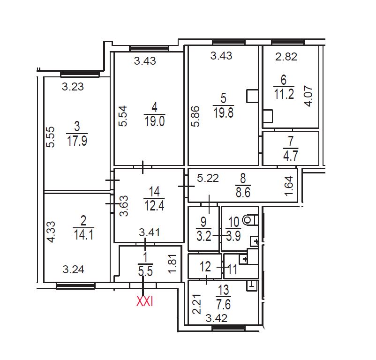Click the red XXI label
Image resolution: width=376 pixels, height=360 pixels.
[x=144, y=301]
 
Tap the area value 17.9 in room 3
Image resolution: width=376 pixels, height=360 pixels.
[x=77, y=141]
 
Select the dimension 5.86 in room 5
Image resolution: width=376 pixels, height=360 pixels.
[x=195, y=116]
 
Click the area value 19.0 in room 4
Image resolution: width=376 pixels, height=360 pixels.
[x=155, y=121]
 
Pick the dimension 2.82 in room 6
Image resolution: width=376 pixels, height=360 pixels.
[x=286, y=57]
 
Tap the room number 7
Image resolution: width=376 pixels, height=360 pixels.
[x=291, y=141]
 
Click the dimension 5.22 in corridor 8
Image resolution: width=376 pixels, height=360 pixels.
[x=208, y=178]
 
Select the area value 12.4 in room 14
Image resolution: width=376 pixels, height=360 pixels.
[x=154, y=205]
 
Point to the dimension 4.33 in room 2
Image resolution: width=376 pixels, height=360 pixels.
[x=51, y=232]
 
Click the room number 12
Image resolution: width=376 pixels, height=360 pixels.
[x=205, y=266]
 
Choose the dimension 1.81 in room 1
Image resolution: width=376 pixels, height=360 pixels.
[x=173, y=263]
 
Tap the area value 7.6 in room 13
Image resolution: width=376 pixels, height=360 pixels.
[x=224, y=304]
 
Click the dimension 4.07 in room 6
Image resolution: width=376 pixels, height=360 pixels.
[x=308, y=96]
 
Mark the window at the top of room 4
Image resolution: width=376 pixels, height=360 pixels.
[x=149, y=49]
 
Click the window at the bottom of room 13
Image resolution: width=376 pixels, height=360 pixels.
[x=229, y=328]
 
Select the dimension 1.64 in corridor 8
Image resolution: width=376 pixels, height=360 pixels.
[x=289, y=186]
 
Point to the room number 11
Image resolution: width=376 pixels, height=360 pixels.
[x=233, y=269]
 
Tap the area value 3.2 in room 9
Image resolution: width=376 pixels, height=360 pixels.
[x=204, y=236]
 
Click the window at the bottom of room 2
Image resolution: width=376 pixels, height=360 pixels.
[x=75, y=285]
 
